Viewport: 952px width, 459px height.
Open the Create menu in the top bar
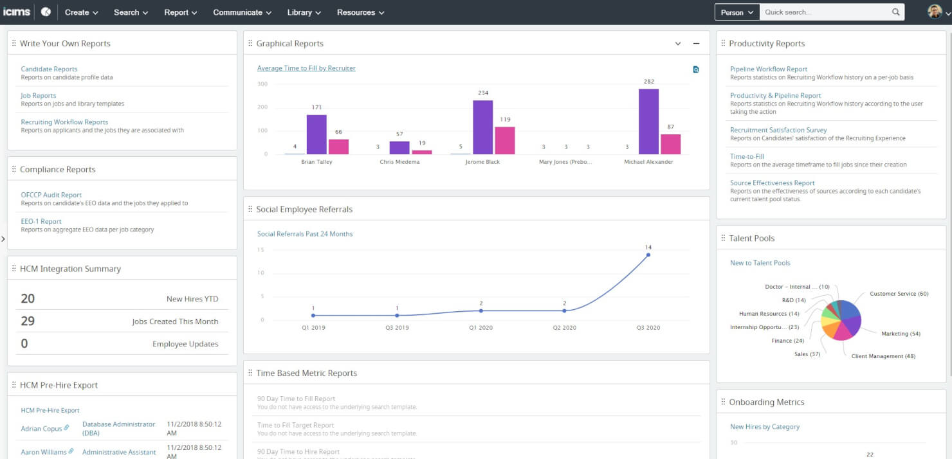81,12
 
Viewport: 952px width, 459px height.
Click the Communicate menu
242,12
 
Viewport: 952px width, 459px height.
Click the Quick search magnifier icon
896,12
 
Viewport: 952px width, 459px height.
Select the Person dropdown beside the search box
737,12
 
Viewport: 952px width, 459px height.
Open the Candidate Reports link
49,69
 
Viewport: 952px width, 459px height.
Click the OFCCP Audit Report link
51,195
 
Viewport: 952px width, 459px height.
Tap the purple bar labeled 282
648,122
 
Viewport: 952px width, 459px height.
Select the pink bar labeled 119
504,140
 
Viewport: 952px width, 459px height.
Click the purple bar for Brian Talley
316,134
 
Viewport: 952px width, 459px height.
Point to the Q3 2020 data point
648,255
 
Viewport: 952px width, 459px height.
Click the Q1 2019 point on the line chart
313,315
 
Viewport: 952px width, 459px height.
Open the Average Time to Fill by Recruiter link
306,68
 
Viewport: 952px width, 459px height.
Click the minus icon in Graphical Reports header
696,44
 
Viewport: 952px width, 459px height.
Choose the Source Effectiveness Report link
772,183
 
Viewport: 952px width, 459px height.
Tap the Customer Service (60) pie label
899,294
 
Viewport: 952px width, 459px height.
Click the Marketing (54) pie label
901,334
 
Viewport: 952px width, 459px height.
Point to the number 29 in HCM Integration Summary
28,321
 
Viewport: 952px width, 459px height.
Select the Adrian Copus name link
41,428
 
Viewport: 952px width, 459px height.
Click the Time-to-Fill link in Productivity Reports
747,156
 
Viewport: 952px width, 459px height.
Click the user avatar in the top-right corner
935,12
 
